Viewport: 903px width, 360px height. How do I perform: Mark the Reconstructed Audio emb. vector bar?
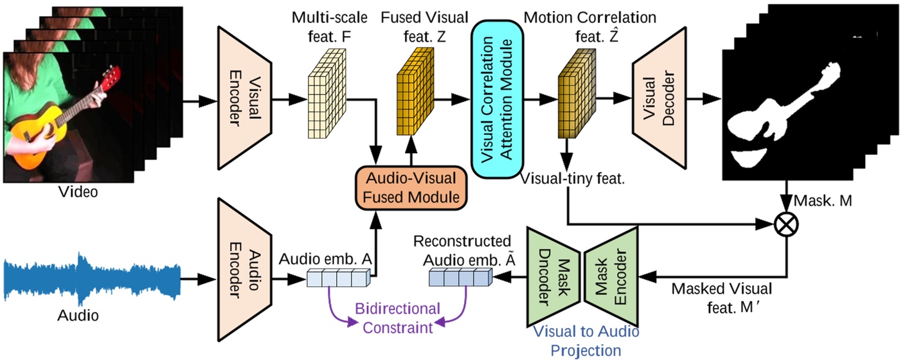point(460,278)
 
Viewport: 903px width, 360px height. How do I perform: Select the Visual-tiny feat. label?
point(573,178)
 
